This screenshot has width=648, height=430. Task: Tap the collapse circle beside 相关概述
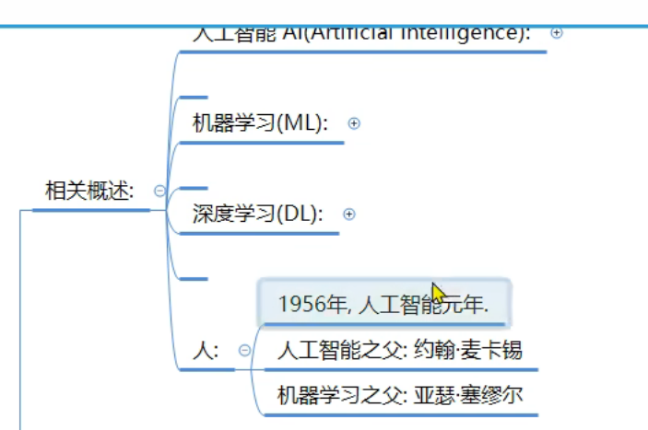[159, 191]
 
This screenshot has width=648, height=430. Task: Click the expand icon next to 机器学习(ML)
[354, 123]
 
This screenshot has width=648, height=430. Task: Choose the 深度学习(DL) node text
[257, 215]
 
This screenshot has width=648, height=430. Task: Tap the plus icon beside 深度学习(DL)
[348, 215]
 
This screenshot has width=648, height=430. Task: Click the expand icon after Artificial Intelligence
[556, 32]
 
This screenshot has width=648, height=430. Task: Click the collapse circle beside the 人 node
[244, 350]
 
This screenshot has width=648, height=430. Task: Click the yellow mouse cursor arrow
[438, 294]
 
